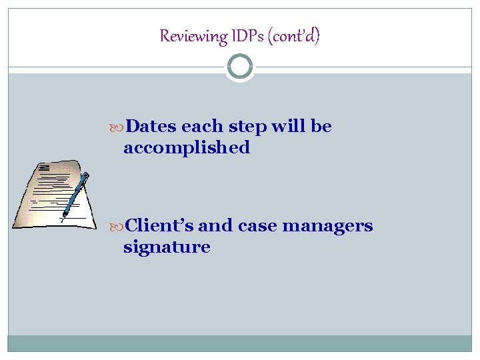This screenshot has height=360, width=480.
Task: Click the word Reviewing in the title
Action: pos(193,36)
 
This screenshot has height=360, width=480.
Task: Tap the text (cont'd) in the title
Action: pos(293,36)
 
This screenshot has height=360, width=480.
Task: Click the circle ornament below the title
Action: pos(240,67)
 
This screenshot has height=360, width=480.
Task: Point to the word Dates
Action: pos(151,127)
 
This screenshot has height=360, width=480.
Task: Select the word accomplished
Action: pos(187,147)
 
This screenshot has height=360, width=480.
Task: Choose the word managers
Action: pos(327,227)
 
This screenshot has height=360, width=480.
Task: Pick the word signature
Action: pos(167,247)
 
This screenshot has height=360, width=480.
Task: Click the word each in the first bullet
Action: pos(203,127)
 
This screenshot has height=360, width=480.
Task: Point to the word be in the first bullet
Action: pos(321,127)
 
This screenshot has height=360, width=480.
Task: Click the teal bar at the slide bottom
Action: pos(240,343)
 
